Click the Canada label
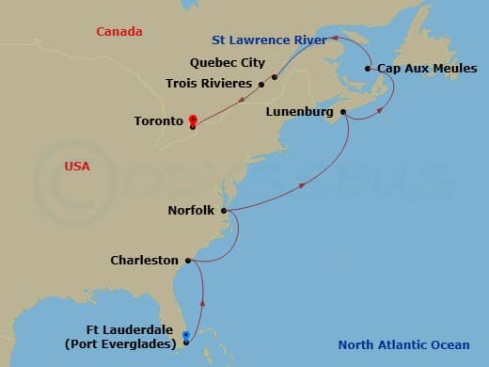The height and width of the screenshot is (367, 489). (119, 32)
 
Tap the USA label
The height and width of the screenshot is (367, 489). (77, 166)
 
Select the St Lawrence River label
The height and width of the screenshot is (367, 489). (269, 40)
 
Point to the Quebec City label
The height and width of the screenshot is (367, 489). (227, 64)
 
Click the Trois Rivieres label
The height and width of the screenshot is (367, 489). (209, 84)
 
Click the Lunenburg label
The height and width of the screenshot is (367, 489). (300, 112)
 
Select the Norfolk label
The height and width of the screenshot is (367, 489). (192, 211)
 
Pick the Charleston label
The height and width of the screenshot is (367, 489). (144, 260)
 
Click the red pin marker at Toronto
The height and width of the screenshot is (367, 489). (192, 120)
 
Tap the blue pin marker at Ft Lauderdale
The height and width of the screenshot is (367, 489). (186, 335)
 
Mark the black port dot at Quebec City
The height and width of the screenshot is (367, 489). (275, 77)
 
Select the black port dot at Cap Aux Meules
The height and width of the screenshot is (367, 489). (368, 69)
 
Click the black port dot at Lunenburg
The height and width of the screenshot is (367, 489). (343, 113)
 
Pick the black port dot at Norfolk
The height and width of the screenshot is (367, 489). (224, 211)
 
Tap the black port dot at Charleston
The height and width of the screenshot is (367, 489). (188, 260)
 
